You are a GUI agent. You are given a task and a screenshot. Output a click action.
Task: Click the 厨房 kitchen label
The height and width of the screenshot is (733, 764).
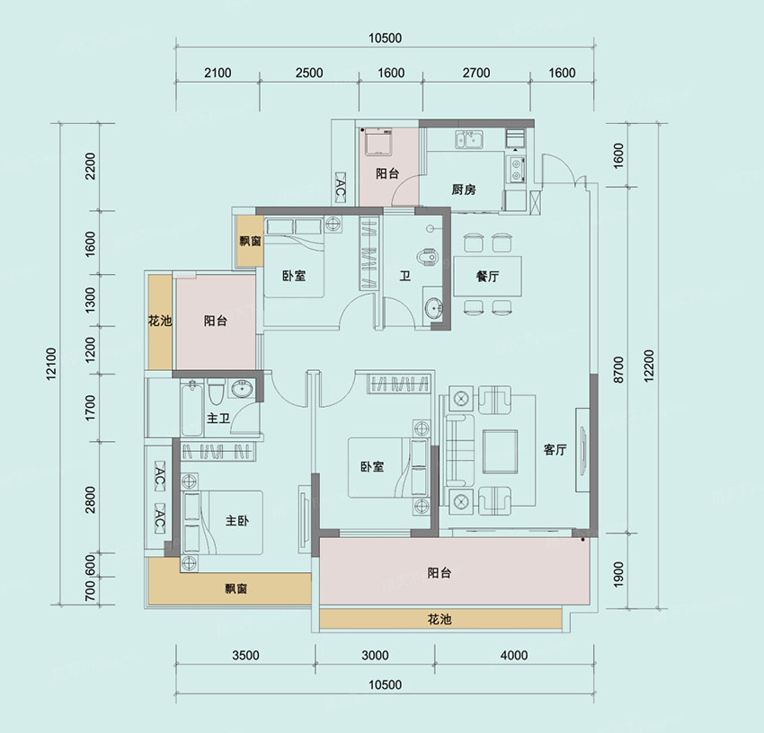tap(464, 190)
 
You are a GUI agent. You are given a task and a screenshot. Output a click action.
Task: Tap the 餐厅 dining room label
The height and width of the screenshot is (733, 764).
tap(487, 276)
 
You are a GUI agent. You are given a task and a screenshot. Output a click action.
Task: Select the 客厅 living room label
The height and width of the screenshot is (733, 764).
tap(555, 449)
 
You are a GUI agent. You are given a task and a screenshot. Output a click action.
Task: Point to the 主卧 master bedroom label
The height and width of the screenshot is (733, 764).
tap(237, 521)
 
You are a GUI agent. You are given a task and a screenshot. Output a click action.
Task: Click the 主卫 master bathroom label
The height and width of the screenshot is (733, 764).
tap(218, 418)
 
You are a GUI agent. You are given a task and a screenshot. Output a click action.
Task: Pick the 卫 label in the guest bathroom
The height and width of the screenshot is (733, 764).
tap(404, 276)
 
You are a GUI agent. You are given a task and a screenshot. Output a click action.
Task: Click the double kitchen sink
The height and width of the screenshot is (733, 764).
tap(468, 139)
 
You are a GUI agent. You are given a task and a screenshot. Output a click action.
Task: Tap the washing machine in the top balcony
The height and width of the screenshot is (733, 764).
tap(375, 141)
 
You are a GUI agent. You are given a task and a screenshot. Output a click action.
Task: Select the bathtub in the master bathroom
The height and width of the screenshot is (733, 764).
tap(191, 408)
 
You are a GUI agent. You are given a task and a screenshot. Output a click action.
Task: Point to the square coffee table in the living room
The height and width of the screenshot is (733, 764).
tap(500, 452)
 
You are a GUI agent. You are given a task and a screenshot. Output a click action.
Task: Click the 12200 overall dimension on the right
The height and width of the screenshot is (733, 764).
tap(649, 366)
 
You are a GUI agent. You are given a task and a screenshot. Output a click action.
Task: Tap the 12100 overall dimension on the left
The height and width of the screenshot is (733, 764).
tap(51, 364)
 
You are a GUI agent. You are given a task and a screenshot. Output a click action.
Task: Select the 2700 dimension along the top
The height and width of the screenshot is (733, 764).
tap(476, 73)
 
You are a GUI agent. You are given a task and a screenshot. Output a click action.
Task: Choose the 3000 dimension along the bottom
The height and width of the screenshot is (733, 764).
tap(375, 655)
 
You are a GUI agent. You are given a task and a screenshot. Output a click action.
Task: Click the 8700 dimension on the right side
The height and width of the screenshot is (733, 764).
tap(618, 370)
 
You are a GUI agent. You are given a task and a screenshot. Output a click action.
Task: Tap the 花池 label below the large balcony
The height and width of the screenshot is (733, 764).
tap(439, 619)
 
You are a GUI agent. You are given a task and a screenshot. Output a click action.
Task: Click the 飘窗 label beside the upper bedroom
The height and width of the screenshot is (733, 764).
tap(250, 241)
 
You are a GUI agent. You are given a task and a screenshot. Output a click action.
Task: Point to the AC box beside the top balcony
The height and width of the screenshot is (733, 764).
tap(340, 188)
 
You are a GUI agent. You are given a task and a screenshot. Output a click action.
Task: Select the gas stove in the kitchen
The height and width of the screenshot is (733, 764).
tap(516, 169)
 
